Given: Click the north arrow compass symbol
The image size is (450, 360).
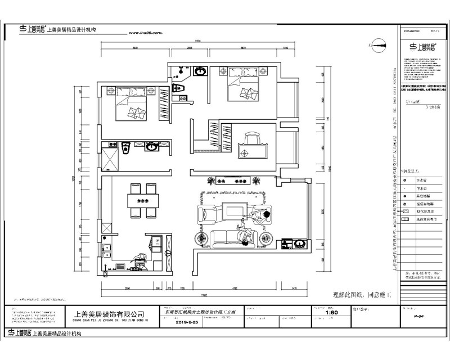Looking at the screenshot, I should click(x=376, y=43).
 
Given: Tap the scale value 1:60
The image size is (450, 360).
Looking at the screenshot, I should click(x=332, y=313).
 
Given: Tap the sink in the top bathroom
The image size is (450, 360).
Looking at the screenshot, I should click(x=200, y=71).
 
